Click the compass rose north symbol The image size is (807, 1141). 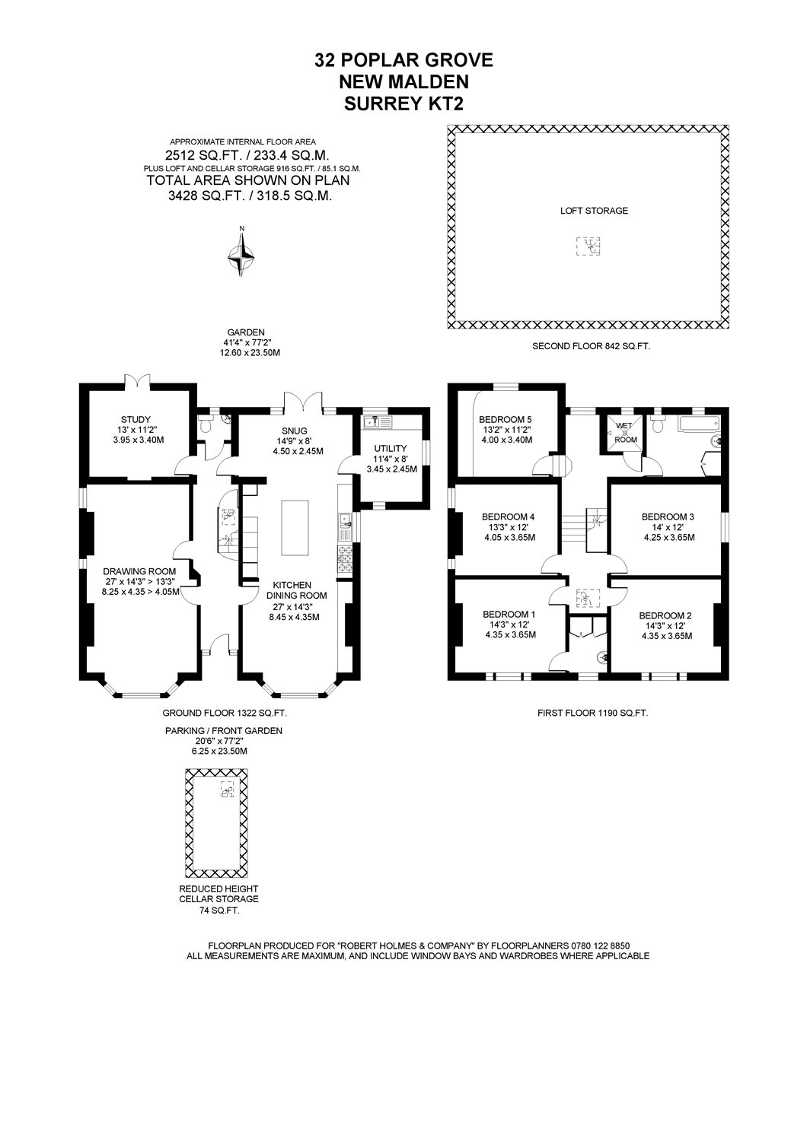point(242,251)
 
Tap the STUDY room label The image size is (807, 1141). point(136,420)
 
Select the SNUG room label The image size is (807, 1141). point(294,431)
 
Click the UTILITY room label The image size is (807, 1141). point(391,448)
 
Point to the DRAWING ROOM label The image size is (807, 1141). point(139,571)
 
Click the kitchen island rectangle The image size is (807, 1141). point(295,528)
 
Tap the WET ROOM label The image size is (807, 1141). point(625,432)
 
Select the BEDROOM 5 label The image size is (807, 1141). point(506,420)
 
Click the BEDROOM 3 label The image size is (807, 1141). point(668,517)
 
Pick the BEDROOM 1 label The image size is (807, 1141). point(509,615)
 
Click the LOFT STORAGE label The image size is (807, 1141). point(594,211)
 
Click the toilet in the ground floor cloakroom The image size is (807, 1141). point(206,424)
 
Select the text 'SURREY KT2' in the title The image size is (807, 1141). point(403,104)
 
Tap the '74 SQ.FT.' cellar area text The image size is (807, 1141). point(218,911)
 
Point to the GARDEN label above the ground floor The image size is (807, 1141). point(246,332)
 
